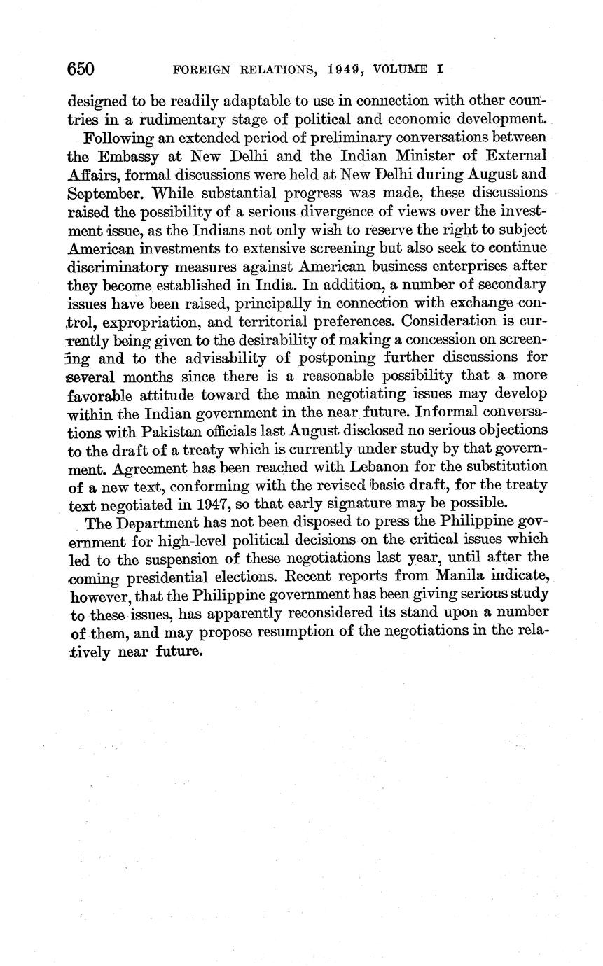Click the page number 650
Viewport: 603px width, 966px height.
click(x=81, y=69)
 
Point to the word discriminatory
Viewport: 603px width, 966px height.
click(x=127, y=267)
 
